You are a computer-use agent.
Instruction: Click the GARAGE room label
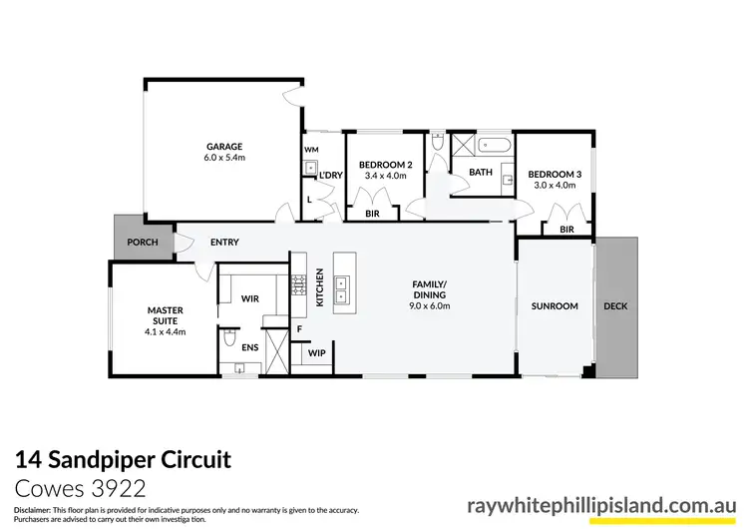tap(224, 147)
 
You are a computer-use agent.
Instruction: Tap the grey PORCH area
tap(129, 242)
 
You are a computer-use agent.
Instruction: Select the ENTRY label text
tap(224, 243)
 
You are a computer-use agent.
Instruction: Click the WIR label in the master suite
tap(250, 296)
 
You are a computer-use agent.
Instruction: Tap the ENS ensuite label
tap(250, 347)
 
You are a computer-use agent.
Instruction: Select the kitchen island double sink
tap(343, 286)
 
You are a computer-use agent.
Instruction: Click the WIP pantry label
tap(317, 353)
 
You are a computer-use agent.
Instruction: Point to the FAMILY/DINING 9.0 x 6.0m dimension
tap(430, 306)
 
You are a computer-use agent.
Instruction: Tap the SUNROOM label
tap(555, 305)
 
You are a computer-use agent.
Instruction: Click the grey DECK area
tap(615, 306)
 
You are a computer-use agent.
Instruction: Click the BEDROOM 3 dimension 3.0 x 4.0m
tap(554, 184)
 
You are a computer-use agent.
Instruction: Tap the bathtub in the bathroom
tap(494, 145)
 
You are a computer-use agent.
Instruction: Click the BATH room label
tap(481, 172)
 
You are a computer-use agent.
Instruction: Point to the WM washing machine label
tap(310, 150)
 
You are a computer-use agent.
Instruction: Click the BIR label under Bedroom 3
tap(566, 229)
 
